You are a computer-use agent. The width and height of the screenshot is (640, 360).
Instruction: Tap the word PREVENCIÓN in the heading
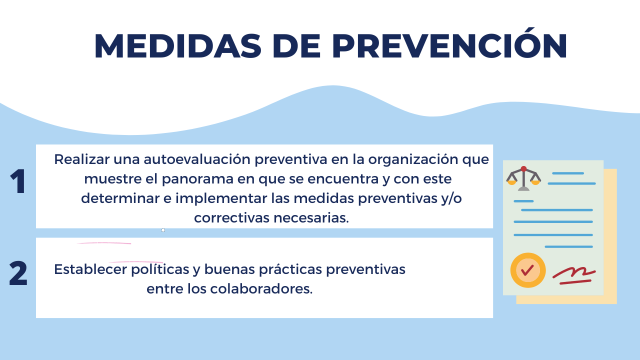449,43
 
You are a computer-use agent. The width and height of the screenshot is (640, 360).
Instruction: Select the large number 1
18,181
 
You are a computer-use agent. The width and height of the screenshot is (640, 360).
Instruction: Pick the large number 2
18,273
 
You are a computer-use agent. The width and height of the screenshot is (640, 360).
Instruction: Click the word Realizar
81,159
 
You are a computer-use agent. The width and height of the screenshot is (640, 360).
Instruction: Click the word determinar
120,198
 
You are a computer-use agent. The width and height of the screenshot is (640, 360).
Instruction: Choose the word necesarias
311,218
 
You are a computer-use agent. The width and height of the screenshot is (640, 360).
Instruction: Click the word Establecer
90,269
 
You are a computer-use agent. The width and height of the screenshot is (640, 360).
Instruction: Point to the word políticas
160,269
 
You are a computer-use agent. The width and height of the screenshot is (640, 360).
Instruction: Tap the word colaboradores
261,288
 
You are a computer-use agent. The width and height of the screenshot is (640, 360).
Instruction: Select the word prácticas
290,269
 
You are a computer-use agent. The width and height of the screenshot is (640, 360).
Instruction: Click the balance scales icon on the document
523,178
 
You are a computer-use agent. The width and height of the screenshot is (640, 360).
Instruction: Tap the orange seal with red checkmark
528,270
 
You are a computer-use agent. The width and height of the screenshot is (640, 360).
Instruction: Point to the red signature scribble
573,275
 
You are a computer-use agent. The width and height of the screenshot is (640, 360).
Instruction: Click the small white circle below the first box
163,230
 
